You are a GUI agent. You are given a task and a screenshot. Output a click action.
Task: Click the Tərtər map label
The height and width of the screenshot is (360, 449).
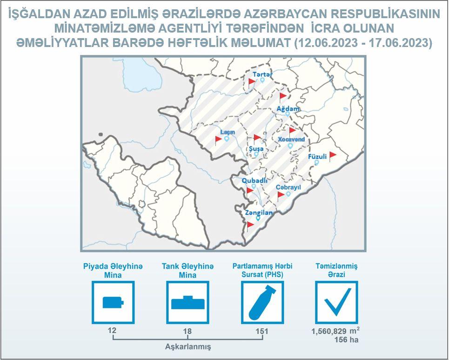(262, 74)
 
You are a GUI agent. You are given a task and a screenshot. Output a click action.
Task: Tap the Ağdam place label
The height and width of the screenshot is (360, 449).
(288, 109)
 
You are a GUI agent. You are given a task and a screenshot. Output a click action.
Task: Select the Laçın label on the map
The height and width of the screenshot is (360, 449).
(228, 132)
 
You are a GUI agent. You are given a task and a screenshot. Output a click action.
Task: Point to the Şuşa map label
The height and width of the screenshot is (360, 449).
(256, 149)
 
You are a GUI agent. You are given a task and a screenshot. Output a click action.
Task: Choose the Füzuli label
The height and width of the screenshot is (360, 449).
(317, 157)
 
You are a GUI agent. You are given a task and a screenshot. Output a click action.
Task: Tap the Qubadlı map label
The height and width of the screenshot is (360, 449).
(255, 180)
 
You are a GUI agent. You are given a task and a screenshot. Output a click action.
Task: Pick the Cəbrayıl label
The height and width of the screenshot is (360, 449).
(288, 187)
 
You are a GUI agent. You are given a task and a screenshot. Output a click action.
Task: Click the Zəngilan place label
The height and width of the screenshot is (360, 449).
(259, 213)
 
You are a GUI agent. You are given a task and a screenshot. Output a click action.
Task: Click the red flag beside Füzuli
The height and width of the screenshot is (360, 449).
(333, 156)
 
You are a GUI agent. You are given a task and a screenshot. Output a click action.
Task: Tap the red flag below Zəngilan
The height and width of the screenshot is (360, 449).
(250, 226)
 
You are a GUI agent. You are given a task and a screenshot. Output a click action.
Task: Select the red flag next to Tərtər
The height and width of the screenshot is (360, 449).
(251, 82)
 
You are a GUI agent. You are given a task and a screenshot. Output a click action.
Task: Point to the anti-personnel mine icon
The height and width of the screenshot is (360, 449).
(113, 302)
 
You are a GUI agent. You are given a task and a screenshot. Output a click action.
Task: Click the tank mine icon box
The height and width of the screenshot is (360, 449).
(188, 302)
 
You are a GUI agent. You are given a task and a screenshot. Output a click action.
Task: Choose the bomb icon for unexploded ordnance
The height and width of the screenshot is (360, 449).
(262, 302)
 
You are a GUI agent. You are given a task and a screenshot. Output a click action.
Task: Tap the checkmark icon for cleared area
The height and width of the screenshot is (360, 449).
(337, 302)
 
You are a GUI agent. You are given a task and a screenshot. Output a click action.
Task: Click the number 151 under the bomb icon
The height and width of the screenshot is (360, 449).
(262, 331)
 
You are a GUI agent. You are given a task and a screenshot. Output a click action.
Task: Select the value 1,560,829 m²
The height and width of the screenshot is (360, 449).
(335, 331)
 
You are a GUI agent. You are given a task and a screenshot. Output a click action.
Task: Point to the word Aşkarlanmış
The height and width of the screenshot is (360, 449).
(188, 347)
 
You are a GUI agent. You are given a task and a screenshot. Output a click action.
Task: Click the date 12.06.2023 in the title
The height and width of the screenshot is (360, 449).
(326, 43)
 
